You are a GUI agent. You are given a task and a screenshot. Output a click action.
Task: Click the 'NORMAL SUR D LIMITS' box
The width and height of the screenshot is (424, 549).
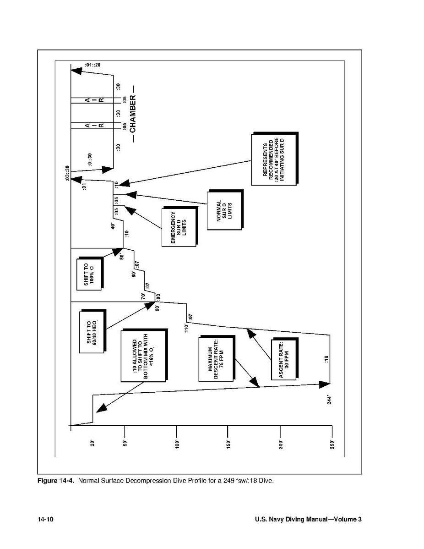click(224, 210)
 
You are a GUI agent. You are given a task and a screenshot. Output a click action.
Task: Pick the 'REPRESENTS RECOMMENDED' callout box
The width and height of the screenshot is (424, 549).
click(273, 159)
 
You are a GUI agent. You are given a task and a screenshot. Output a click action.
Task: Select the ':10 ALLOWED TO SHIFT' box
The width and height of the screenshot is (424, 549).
click(142, 356)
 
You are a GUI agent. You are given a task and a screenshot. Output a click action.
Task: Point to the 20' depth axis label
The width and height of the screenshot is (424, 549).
click(92, 444)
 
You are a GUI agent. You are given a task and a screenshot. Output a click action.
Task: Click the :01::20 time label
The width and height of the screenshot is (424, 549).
click(92, 65)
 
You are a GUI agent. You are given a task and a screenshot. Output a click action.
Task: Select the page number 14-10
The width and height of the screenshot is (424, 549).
click(46, 519)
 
